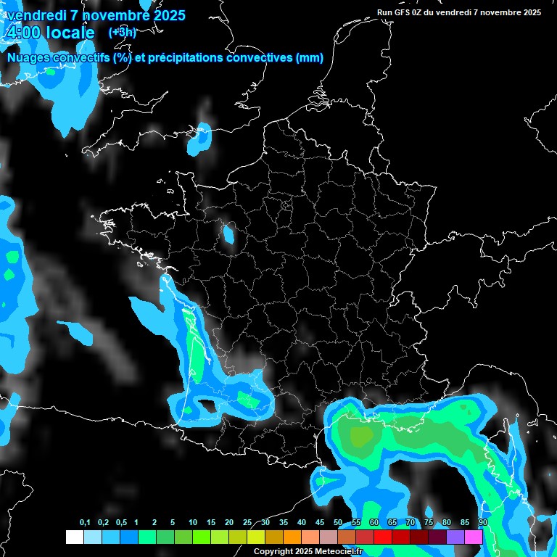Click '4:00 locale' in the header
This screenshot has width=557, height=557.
49,33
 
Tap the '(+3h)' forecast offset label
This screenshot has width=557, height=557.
122,32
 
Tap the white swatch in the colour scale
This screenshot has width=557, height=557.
74,537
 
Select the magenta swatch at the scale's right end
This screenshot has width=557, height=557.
474,537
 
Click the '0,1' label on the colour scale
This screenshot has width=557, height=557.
84,523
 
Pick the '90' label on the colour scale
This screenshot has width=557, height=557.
482,523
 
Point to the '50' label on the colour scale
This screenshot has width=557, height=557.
338,523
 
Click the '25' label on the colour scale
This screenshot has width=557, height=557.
247,523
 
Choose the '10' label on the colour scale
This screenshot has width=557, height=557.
193,523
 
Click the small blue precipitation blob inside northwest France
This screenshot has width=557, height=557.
229,234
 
